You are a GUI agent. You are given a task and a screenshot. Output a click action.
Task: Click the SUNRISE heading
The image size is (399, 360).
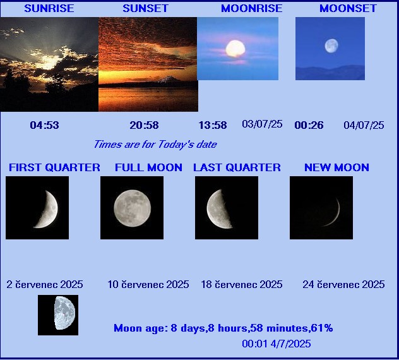coord(49,8)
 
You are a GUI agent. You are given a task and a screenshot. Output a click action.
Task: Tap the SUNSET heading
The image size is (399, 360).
coord(146,8)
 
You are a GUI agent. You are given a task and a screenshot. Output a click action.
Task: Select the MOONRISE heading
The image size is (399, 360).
coord(252,8)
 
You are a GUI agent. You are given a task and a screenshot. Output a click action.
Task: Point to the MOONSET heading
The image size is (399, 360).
coord(348,8)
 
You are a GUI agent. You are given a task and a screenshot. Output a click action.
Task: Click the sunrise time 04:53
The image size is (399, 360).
coord(45,125)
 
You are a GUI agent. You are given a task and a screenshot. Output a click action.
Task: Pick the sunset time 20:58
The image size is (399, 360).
coord(145,125)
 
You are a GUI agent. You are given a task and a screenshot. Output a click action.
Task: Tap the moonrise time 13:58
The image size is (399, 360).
coord(213,125)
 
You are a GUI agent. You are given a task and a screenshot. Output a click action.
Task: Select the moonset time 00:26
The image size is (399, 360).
coord(309,125)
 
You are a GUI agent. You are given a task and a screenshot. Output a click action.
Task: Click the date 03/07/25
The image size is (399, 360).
coord(262,124)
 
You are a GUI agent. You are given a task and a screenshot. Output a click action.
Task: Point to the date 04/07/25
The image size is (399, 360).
coord(364,125)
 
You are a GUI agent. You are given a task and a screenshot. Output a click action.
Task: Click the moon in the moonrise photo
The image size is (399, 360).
coord(235,49)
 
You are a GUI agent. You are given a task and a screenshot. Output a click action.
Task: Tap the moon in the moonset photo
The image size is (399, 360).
coord(331,46)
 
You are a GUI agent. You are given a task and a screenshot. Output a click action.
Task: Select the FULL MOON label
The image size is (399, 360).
coord(148,167)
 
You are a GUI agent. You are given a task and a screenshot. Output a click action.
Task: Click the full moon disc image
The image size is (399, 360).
coord(133,208)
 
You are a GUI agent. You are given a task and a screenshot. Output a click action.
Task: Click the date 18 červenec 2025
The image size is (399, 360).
coord(242,284)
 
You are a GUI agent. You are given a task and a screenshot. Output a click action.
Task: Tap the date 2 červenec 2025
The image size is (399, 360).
coord(45,284)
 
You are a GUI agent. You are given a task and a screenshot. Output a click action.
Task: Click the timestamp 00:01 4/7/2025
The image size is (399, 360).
coord(277,344)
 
